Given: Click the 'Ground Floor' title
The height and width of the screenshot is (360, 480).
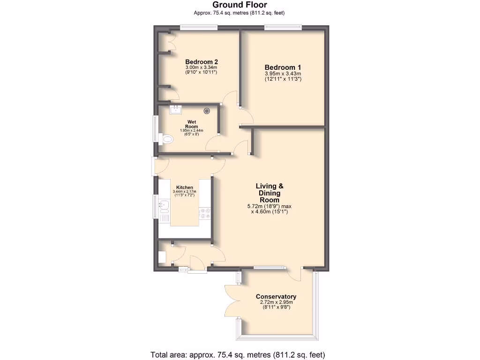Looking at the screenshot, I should tap(240, 5).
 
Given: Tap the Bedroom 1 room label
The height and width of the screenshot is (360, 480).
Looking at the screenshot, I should tap(283, 67).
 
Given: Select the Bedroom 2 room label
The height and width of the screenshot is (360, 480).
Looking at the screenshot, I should tap(202, 62).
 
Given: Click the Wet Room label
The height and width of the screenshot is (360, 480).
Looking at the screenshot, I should tap(191, 124).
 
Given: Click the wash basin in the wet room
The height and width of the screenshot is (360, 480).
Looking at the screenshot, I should tap(176, 110).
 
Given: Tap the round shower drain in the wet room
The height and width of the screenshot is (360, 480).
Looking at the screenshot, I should tap(207, 111).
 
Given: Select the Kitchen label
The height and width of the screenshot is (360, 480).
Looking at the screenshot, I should tap(185, 187).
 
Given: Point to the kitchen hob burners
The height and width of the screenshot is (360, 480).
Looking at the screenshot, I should tap(206, 213).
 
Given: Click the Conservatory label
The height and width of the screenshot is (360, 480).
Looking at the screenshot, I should tap(276, 297).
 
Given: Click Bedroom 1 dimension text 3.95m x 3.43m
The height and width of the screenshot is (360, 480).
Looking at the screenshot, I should tap(283, 74).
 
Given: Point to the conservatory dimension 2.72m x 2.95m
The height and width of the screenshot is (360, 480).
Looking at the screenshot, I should tap(276, 302).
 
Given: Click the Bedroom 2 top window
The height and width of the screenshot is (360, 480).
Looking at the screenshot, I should tap(199, 27).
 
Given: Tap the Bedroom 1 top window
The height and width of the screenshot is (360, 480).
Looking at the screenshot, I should tap(283, 27).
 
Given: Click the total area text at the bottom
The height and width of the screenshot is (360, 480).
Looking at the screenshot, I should tap(238, 354).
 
